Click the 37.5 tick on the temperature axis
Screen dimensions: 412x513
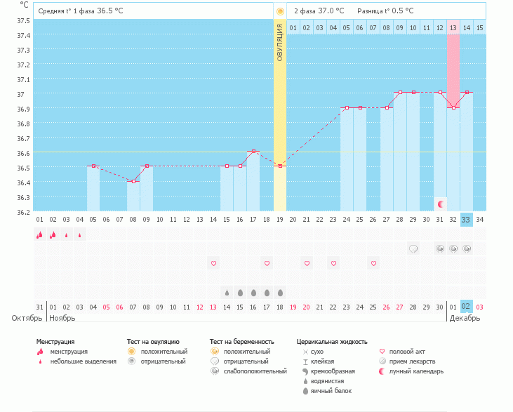tap(23, 20)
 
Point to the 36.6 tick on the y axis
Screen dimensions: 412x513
tap(23, 153)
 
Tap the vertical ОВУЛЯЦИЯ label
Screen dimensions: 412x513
tap(280, 42)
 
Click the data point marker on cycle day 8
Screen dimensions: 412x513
tap(133, 181)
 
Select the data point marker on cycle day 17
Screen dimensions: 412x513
tap(253, 151)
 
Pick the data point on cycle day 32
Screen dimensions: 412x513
tap(453, 107)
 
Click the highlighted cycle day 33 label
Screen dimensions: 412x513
tap(467, 220)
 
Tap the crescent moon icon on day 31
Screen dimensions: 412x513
tap(440, 204)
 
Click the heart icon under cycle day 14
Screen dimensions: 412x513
tap(213, 263)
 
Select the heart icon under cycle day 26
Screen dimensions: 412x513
tap(373, 263)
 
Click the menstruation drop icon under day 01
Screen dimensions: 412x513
tap(39, 235)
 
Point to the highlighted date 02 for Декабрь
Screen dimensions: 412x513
tap(467, 306)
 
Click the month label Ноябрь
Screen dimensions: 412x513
tap(62, 318)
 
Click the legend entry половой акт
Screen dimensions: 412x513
tap(407, 351)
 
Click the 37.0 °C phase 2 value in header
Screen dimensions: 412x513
tap(329, 11)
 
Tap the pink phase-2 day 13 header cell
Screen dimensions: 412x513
tap(453, 27)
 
